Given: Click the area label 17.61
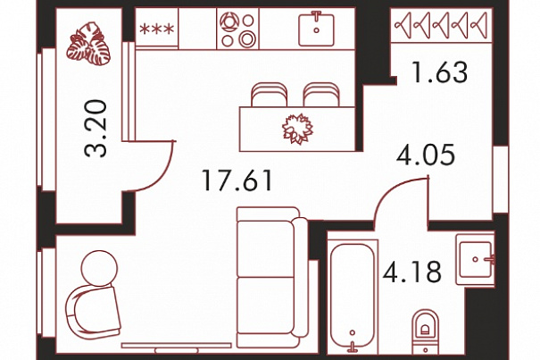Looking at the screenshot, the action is [x=237, y=180].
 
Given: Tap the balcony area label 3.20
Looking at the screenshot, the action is [x=96, y=129].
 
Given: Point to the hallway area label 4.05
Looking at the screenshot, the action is [x=426, y=155].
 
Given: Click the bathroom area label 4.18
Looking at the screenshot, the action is [x=412, y=272].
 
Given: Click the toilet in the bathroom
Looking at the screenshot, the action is [x=426, y=331].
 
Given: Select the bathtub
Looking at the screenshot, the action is [x=353, y=297].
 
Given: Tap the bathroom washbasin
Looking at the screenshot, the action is [x=476, y=259].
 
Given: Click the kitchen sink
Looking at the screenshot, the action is [x=316, y=29].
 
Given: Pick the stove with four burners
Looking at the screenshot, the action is [x=237, y=29].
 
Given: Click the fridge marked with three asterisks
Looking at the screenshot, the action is [x=157, y=28].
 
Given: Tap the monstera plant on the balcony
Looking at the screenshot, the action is [x=88, y=44].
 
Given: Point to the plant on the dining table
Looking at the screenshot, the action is [x=297, y=129].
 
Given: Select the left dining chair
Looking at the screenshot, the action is [x=270, y=95].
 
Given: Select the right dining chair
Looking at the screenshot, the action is [x=321, y=95].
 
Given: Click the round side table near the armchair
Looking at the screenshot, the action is [x=100, y=268].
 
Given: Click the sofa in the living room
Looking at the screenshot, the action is [x=272, y=277].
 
